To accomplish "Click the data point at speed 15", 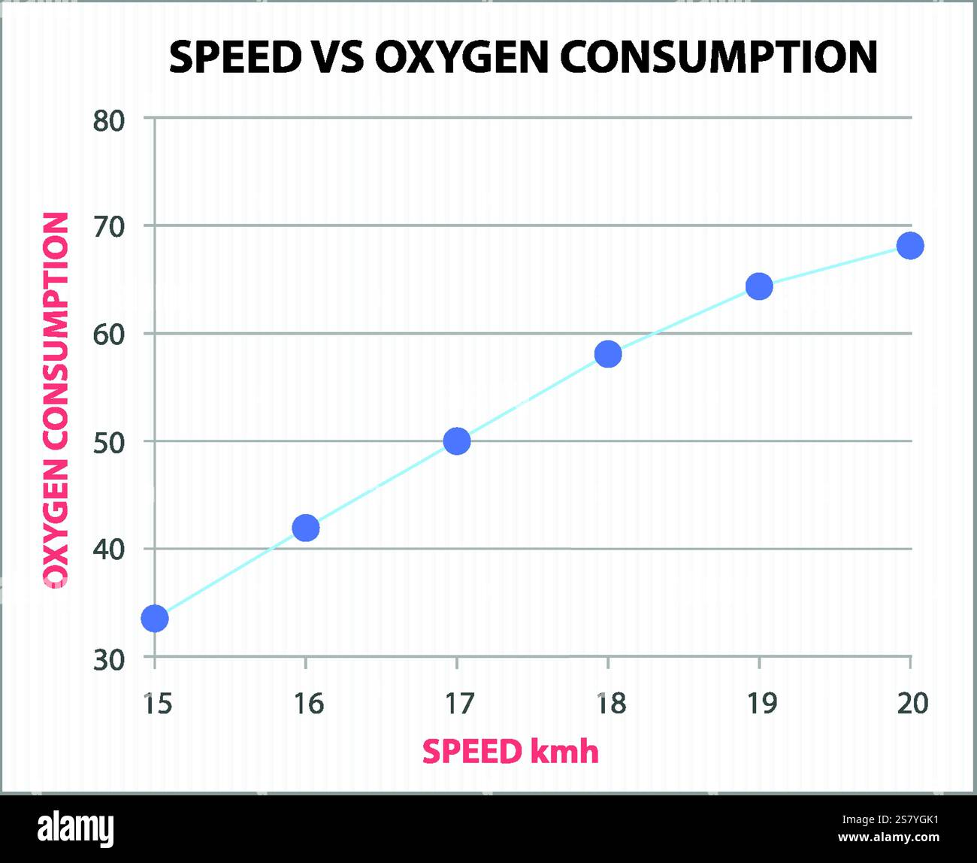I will tap(154, 619).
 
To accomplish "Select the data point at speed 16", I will tap(305, 528).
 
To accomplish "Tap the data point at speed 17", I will tap(457, 441).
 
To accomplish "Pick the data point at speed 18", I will tap(608, 354).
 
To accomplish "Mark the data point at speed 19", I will tap(759, 286).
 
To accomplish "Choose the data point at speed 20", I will tap(910, 245).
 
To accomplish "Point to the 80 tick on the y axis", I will tap(109, 120).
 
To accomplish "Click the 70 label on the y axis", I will tap(109, 227).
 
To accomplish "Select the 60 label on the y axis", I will tap(109, 335).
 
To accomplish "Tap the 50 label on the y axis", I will tap(109, 443).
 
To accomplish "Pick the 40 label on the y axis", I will tap(109, 550).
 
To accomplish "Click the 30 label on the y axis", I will tap(109, 660).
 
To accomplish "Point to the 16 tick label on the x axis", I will tap(308, 704).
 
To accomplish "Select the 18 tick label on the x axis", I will tap(611, 704).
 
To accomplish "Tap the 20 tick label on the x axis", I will tap(913, 704).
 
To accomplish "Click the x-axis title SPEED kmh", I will tap(510, 752).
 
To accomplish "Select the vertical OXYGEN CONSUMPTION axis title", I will tap(56, 400).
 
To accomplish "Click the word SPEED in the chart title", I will tap(235, 57).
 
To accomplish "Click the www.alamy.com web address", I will tap(888, 837).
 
